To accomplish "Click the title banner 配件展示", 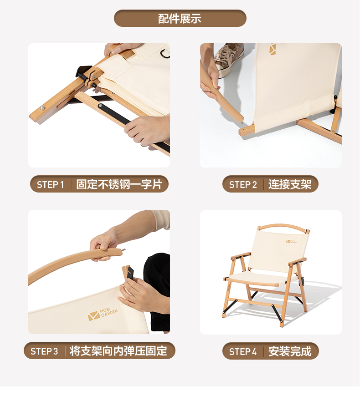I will [x=180, y=19].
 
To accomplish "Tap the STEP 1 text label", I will [x=50, y=184].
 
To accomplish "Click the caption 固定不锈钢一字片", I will [x=119, y=184].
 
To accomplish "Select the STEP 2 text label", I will [x=243, y=184].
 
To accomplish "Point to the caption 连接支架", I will [x=290, y=184].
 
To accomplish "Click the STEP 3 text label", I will [x=44, y=351].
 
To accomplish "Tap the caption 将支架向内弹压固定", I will [x=118, y=351].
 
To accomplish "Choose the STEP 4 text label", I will [x=243, y=351].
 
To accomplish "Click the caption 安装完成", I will [x=290, y=351].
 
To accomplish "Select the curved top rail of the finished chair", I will [x=283, y=226].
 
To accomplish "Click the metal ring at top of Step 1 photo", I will [x=165, y=53].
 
